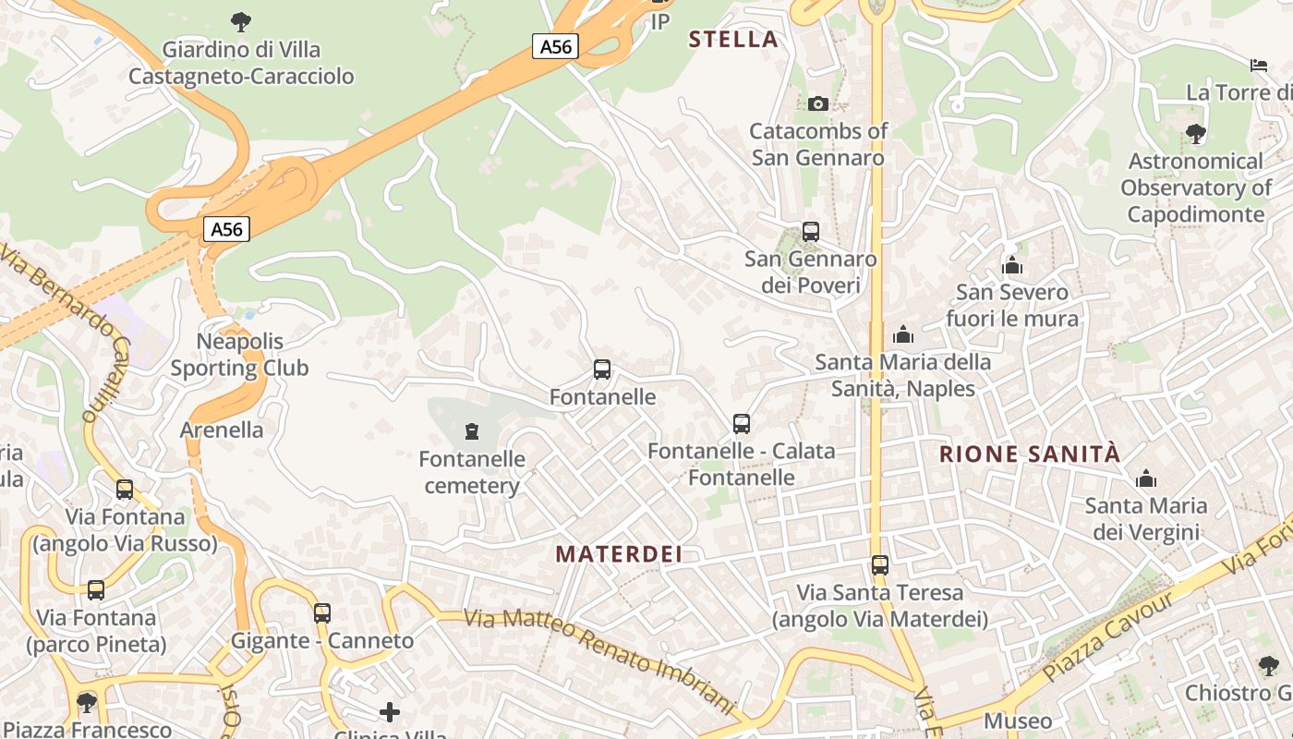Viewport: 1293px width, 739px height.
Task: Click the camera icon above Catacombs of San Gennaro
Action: point(817,103)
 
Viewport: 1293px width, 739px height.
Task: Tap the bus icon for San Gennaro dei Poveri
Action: point(811,232)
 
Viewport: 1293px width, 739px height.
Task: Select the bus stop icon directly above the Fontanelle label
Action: point(602,369)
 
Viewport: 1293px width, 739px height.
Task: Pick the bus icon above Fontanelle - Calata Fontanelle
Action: point(742,424)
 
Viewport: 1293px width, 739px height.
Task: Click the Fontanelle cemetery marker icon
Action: point(472,431)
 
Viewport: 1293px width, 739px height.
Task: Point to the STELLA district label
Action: point(733,39)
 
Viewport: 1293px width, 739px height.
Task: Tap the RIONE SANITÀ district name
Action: point(1030,454)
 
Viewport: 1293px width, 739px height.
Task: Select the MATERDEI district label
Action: point(619,554)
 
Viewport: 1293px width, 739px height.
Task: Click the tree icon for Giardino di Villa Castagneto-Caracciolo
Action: point(241,21)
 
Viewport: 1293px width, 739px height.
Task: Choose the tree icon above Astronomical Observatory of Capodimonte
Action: point(1196,134)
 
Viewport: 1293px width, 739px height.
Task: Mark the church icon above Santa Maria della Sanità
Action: point(903,334)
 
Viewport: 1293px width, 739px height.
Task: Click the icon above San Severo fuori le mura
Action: point(1012,266)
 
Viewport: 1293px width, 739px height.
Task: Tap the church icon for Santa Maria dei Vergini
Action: point(1146,479)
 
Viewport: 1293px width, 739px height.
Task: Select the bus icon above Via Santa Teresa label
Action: point(880,564)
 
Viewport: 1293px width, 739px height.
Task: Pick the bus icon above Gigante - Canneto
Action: point(322,612)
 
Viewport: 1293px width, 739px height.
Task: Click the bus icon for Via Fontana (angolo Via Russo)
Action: point(125,490)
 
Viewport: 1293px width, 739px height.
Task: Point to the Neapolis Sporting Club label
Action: point(239,355)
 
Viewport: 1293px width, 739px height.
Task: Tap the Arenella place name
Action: point(222,430)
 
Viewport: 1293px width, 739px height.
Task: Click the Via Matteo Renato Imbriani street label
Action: point(599,661)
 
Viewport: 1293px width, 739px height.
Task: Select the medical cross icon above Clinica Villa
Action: point(390,711)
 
